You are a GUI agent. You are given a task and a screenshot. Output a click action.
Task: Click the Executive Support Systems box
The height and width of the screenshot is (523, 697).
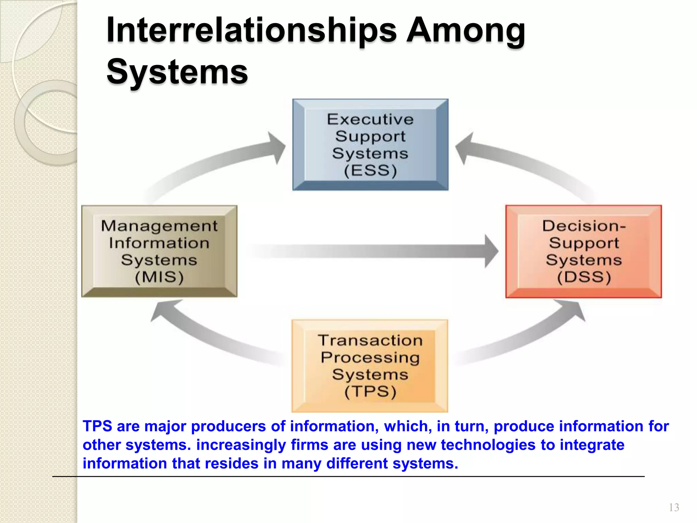click(x=370, y=145)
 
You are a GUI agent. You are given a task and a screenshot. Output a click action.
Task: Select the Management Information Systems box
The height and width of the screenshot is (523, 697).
click(x=159, y=251)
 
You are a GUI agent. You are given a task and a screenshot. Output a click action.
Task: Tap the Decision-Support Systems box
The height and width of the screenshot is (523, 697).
click(x=583, y=251)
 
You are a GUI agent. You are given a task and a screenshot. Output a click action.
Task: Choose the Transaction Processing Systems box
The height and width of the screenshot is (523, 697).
click(x=370, y=366)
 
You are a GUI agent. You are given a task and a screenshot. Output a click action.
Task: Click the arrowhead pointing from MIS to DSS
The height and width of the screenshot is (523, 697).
click(x=491, y=251)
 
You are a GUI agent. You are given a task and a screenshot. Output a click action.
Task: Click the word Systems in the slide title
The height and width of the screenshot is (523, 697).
click(x=177, y=72)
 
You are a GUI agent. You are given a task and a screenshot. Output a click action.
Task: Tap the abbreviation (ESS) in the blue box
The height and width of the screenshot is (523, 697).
click(x=370, y=170)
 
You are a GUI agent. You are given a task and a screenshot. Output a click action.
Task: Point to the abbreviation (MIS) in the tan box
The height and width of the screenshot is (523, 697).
click(x=159, y=277)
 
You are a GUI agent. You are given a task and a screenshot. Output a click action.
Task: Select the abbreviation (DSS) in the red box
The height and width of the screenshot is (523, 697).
click(x=584, y=277)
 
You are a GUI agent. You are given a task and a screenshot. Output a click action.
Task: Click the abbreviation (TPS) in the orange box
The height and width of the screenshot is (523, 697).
click(x=370, y=392)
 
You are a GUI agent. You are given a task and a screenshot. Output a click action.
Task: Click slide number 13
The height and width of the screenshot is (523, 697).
click(x=674, y=508)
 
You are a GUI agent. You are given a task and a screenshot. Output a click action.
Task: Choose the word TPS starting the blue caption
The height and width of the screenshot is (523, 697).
click(x=97, y=426)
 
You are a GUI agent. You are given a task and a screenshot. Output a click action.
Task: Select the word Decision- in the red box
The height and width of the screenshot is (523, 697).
click(x=584, y=226)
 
